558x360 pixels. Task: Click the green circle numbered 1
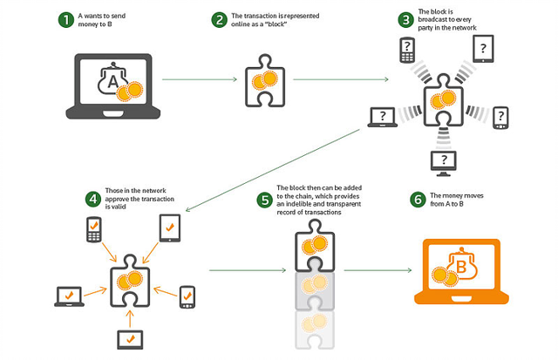coord(66,20)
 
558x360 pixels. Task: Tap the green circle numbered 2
coord(219,20)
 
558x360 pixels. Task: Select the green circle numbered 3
coord(405,20)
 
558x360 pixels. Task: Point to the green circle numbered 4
coord(93,199)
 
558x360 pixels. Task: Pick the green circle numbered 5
coord(265,200)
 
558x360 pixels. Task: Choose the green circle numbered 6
coord(418,200)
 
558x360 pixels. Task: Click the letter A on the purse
coord(112,82)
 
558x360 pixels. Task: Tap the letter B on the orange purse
coord(461,267)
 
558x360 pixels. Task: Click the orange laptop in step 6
coord(461,271)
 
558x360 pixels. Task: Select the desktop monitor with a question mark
coord(443,164)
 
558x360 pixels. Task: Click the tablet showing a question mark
coord(483,49)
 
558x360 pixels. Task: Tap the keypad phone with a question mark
coord(407,50)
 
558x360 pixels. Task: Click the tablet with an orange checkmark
coord(170,228)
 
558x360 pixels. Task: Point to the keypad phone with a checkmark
coord(94,229)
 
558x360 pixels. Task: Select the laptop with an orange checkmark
coord(70,296)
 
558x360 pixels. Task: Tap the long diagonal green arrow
coord(273,170)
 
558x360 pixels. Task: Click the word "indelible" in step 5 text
coord(298,204)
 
